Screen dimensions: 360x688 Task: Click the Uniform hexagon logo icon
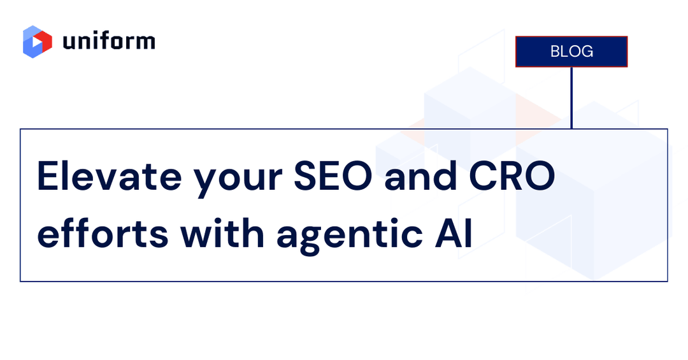38,41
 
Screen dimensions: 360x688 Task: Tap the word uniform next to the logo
109,41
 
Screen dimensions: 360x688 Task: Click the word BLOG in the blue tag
571,52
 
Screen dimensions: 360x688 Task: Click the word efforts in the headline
102,234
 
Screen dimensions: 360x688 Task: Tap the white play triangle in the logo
40,43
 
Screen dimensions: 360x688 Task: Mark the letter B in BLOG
555,52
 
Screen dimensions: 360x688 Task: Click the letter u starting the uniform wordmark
69,43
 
